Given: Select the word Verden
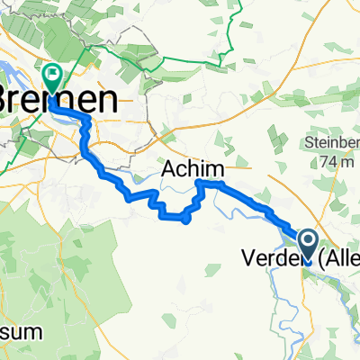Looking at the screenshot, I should click(272, 259).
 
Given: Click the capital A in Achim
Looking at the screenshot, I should click(168, 168).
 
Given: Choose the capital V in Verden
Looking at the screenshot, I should click(247, 259).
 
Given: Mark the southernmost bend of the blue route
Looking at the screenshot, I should click(184, 220).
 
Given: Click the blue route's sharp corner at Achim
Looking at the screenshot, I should click(198, 183).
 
